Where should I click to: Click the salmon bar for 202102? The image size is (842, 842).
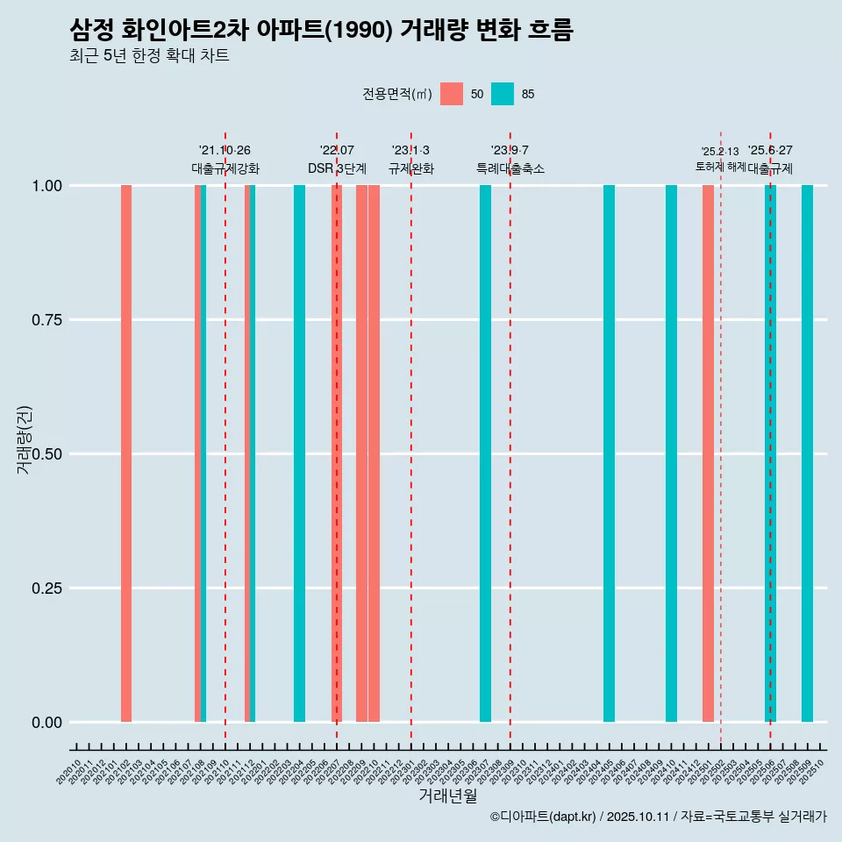coord(126,453)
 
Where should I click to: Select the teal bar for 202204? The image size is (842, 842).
coord(299,453)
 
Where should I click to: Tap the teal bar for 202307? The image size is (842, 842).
coord(485,453)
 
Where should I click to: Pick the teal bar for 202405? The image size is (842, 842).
coord(609,453)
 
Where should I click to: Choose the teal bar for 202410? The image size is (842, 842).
coord(671,453)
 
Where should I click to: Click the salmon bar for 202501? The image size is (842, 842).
coord(708,453)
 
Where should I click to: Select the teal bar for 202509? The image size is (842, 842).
coord(807,453)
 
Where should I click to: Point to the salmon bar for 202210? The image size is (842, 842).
coord(374,453)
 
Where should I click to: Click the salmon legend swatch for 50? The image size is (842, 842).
coord(452,94)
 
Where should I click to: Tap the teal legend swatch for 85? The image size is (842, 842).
coord(503,94)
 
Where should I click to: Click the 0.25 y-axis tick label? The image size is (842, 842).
coord(45,589)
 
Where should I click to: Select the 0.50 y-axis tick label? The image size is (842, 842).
coord(45,454)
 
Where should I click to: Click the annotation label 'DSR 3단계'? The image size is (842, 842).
coord(337,168)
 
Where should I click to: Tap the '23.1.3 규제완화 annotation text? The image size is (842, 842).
coord(410,160)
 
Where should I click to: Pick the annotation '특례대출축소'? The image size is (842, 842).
coord(510,168)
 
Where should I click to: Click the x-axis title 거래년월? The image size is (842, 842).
coord(447,796)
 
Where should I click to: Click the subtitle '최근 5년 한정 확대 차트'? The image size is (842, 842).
coord(149,56)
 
